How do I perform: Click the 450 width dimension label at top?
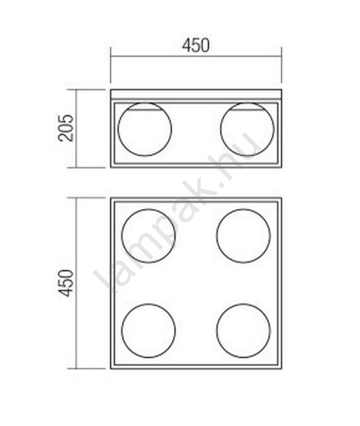[196, 46]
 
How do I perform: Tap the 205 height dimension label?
[66, 128]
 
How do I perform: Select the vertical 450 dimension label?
[66, 283]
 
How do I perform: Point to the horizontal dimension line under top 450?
[196, 57]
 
